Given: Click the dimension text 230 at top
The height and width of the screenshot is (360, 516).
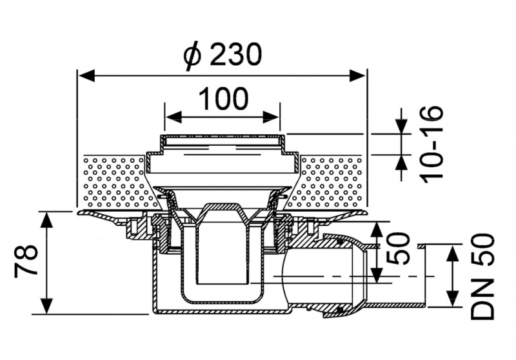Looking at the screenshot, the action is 235,55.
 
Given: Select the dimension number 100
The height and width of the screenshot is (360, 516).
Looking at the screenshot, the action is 223,99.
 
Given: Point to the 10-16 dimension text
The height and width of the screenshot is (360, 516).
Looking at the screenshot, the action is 431,144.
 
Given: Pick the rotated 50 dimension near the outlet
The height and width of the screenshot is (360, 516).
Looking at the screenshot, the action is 398,249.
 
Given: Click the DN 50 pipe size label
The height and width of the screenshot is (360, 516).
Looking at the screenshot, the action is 482,275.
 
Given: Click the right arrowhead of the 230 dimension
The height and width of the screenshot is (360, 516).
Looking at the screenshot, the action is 357,75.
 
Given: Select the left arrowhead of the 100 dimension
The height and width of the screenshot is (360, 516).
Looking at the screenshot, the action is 174,117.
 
